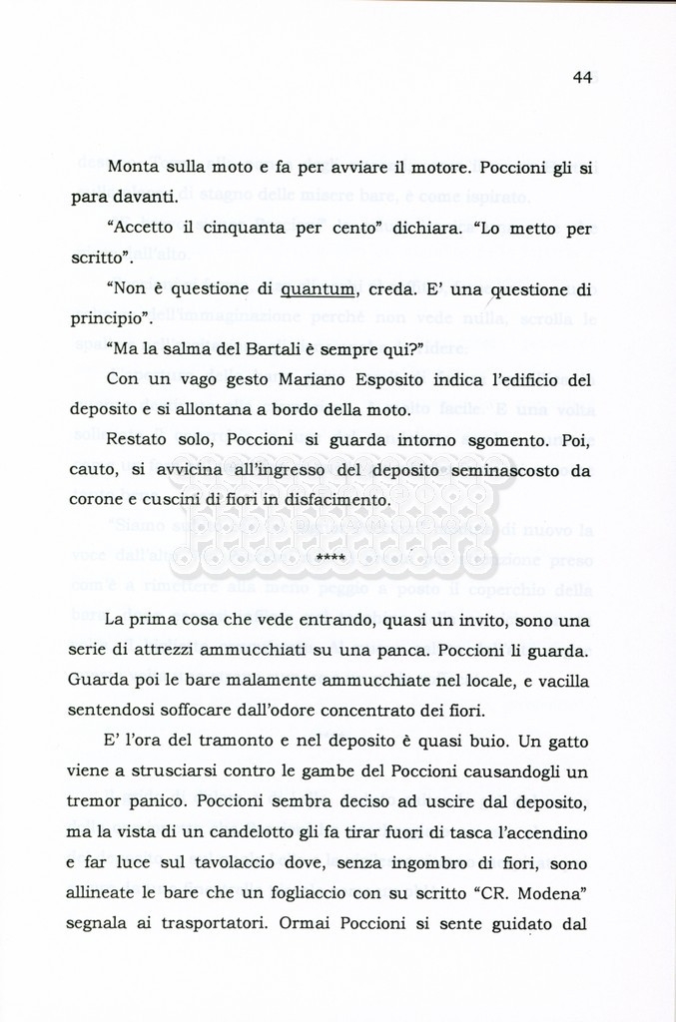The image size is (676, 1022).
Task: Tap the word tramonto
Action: tap(246, 745)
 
